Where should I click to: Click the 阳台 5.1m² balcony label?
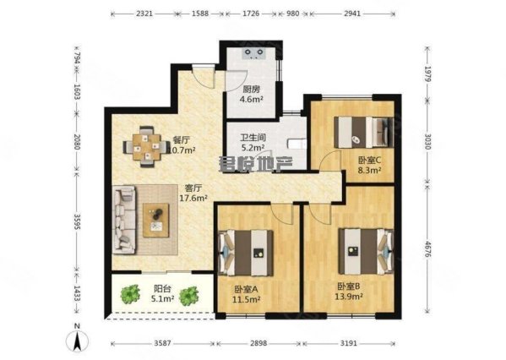coord(161,293)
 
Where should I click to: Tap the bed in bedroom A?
coord(248,250)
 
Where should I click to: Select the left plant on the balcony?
coord(129,294)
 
